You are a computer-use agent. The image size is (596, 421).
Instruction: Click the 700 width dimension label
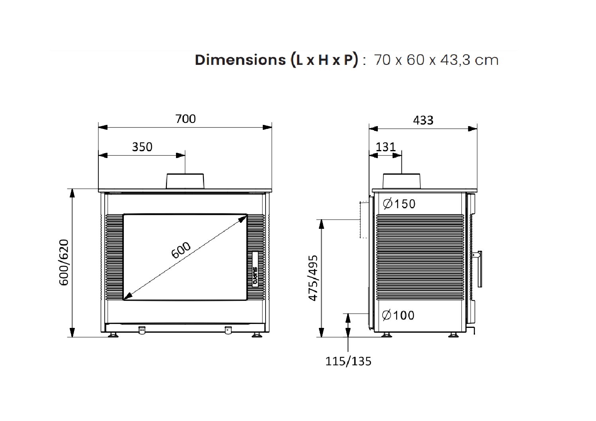point(186,119)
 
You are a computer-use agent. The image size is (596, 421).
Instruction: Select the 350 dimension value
point(142,147)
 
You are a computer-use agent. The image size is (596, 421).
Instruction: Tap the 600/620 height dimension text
point(64,263)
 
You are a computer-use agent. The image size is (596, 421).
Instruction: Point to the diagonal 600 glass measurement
point(181,250)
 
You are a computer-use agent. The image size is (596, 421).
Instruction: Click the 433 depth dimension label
point(423,121)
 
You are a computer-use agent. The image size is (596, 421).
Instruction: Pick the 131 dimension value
point(385,147)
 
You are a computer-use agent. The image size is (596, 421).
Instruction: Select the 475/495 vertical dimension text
point(313,278)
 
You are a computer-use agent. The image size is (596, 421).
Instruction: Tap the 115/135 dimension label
point(348,361)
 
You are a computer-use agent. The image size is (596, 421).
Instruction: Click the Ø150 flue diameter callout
point(399,204)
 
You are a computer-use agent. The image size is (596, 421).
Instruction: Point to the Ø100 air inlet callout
point(398,316)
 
